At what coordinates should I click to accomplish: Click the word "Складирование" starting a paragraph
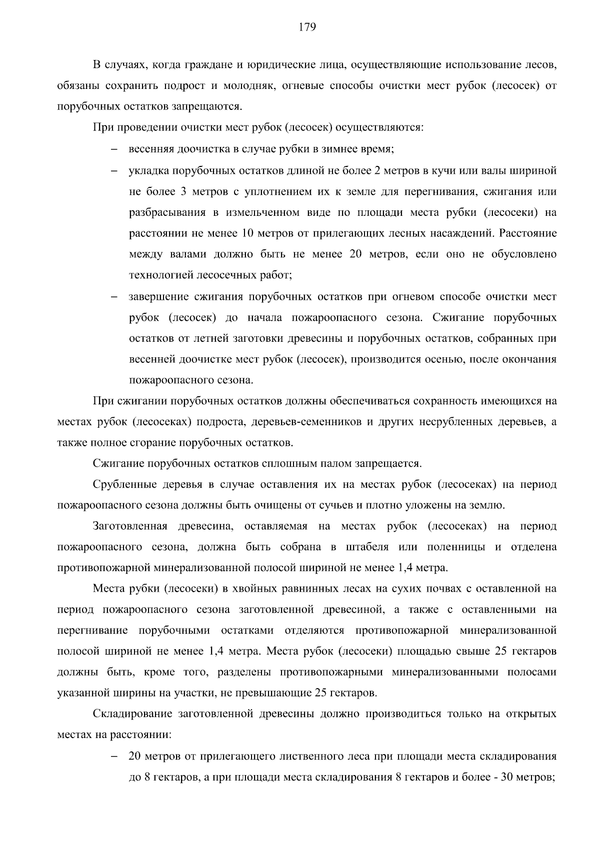[131, 714]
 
